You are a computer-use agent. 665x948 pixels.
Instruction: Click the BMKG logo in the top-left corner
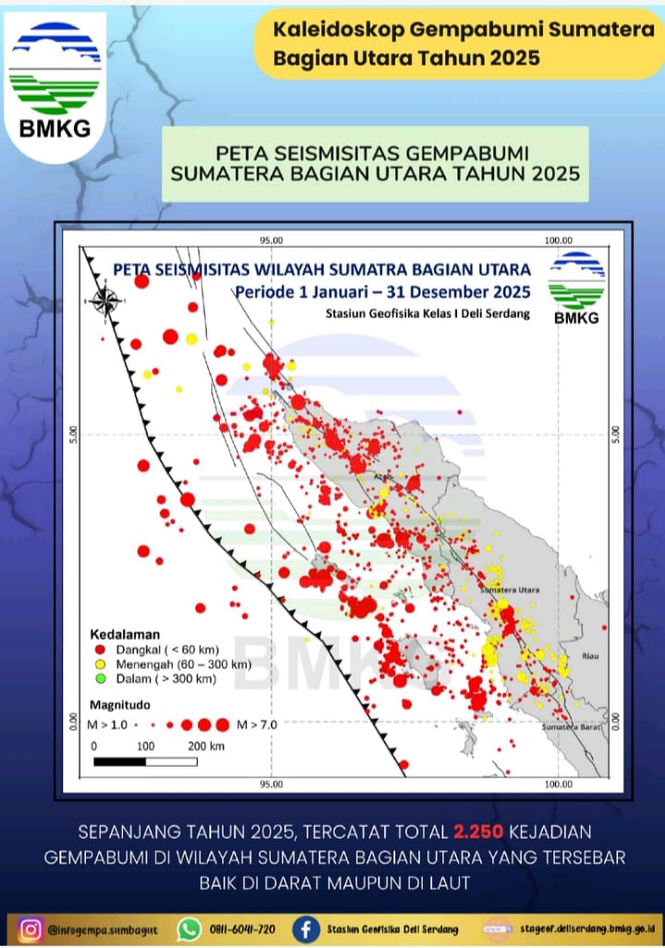click(54, 83)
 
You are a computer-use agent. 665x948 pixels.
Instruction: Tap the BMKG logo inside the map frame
click(576, 288)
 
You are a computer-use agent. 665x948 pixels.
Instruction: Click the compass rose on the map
click(104, 300)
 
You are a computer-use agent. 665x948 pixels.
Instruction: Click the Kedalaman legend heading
click(125, 635)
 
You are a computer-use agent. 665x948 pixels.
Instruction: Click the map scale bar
click(145, 761)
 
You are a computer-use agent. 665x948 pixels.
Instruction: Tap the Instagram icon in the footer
click(30, 928)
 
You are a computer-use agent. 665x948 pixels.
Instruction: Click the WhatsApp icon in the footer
click(189, 928)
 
